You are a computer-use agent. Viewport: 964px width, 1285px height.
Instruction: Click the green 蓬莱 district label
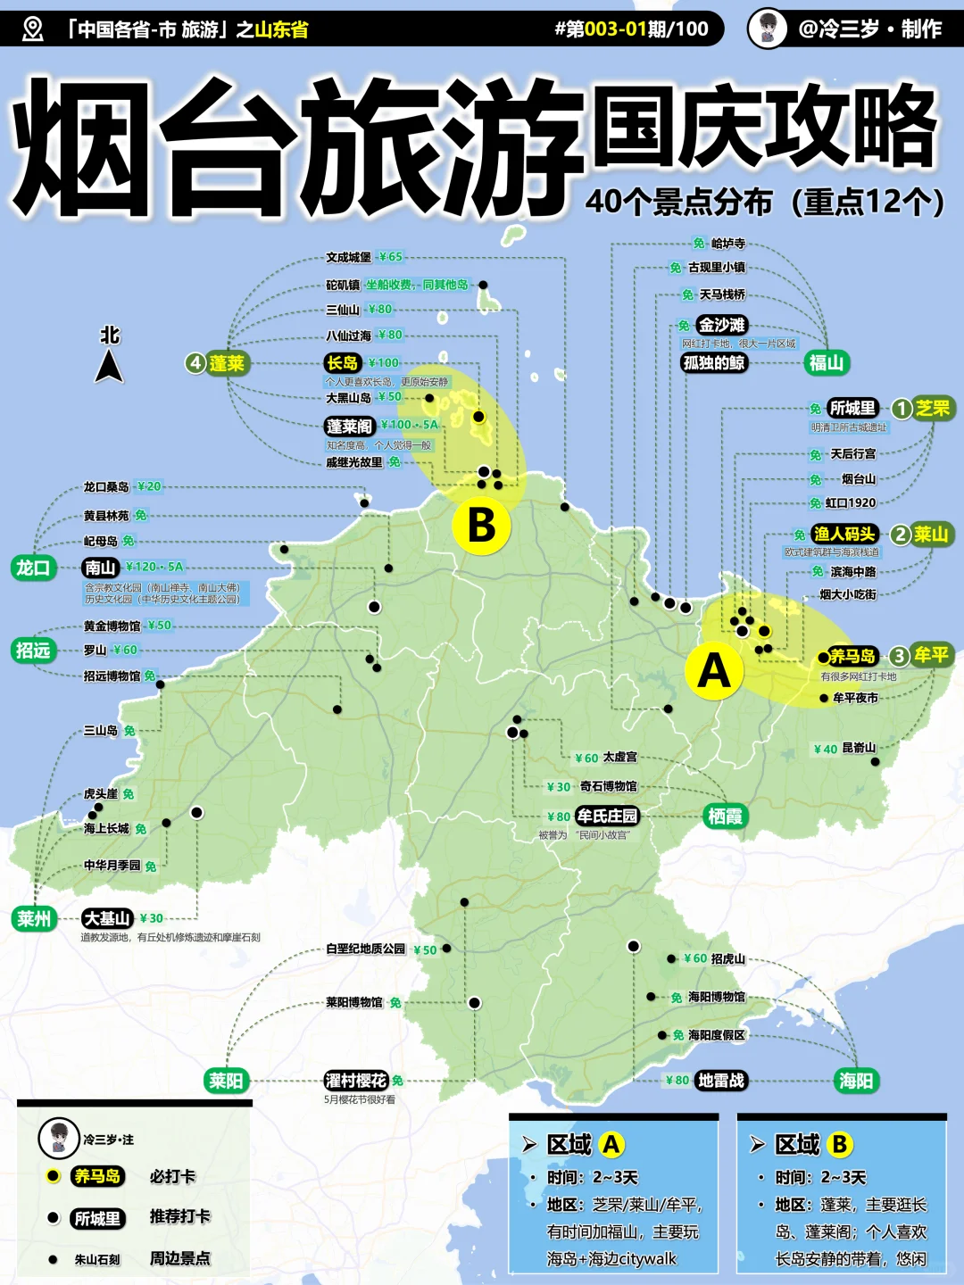(x=226, y=363)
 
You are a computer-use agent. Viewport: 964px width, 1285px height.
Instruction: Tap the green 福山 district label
(x=826, y=362)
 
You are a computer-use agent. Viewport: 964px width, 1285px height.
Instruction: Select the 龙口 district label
(x=34, y=568)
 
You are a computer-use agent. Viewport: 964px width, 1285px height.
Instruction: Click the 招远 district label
(x=33, y=650)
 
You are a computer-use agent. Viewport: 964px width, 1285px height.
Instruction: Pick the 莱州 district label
(x=34, y=918)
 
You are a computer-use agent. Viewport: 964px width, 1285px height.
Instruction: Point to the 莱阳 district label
(x=226, y=1081)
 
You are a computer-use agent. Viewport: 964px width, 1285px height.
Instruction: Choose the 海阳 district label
(x=856, y=1081)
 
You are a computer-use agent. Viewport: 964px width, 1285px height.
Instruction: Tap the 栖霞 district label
(x=724, y=816)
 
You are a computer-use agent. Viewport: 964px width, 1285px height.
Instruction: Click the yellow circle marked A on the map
(x=713, y=671)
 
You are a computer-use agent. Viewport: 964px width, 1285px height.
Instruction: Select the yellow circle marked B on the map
(x=481, y=526)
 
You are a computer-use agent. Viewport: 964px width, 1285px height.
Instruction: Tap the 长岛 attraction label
(x=343, y=362)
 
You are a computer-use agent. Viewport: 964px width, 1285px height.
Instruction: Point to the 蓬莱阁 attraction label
(x=349, y=426)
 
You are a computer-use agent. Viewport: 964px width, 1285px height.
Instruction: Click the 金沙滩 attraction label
(x=721, y=325)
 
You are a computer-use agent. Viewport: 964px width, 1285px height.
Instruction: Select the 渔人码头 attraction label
(x=844, y=534)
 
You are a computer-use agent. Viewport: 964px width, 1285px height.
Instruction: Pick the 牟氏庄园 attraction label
(x=607, y=816)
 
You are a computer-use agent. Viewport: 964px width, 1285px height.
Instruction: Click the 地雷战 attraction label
(x=720, y=1081)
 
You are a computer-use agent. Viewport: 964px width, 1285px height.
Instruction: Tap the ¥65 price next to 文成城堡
(x=391, y=257)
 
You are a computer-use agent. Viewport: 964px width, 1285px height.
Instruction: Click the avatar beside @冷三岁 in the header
(x=767, y=29)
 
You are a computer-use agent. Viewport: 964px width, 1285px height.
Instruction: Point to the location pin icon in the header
(x=32, y=29)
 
